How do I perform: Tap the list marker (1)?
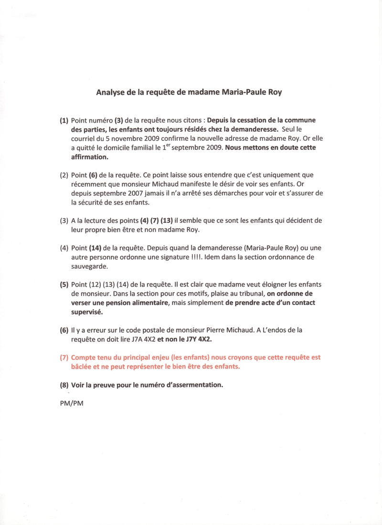[64, 120]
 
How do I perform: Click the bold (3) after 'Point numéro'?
[119, 120]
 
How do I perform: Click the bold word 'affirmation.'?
[90, 157]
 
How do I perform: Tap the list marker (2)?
[64, 175]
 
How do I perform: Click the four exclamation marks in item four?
[199, 257]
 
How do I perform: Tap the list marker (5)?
[64, 285]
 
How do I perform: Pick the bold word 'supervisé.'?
[87, 312]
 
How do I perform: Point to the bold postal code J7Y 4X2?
[200, 339]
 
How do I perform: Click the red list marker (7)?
[64, 357]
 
